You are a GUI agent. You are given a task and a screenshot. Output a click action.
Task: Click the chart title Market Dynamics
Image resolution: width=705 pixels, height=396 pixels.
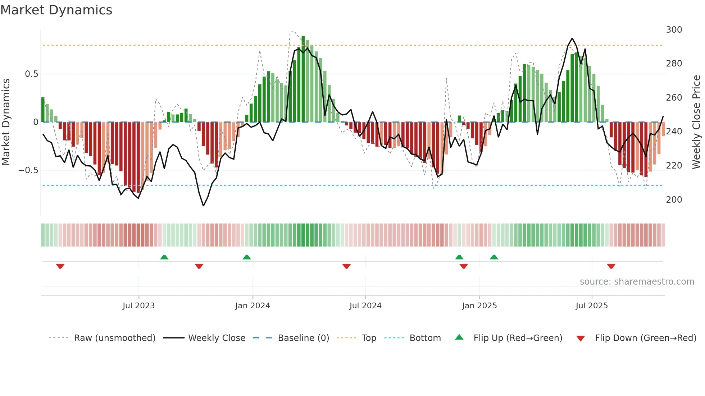56,10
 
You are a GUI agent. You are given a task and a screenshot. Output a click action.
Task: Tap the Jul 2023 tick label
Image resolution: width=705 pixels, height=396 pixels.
138,306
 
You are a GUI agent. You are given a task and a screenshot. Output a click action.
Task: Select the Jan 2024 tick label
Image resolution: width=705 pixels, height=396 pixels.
253,306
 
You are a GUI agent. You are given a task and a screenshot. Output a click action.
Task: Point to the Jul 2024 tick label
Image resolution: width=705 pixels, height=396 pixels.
365,306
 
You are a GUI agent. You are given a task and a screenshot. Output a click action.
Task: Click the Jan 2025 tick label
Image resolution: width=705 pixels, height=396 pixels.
479,306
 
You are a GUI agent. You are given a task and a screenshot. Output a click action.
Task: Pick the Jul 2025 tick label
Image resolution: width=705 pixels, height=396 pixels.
592,306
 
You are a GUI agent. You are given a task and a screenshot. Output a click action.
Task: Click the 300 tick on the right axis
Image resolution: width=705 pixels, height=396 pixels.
674,30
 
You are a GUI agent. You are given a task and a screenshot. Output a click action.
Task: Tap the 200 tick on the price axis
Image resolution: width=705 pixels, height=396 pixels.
674,200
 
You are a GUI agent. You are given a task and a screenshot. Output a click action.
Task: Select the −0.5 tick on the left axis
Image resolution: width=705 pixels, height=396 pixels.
28,170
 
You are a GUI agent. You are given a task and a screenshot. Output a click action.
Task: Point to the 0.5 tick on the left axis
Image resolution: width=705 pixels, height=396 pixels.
31,74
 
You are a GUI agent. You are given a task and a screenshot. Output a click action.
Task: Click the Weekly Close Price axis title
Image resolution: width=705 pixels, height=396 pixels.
697,122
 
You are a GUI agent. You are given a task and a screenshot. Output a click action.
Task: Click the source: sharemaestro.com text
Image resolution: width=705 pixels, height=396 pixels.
637,282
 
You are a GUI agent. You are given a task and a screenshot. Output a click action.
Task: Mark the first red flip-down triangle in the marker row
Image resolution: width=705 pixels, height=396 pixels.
60,266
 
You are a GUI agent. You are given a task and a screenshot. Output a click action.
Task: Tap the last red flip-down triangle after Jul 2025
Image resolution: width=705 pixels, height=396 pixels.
611,266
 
